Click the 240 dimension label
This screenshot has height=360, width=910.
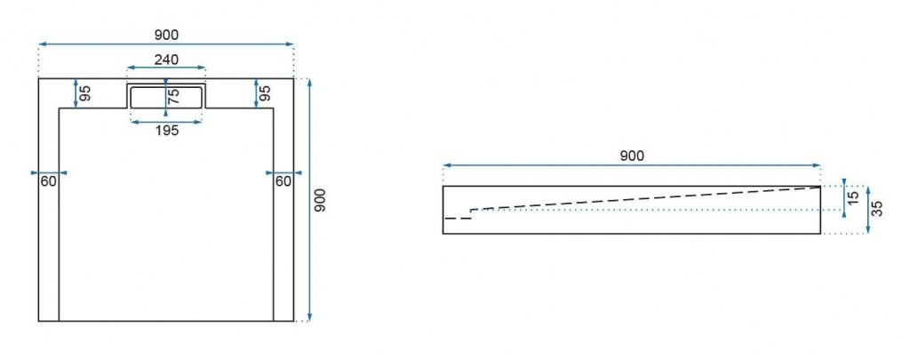(x=166, y=60)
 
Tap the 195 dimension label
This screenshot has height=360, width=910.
(x=166, y=131)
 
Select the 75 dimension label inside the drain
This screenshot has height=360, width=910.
(x=173, y=96)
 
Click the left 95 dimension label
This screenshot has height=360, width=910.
(x=85, y=93)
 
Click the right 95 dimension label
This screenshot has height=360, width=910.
(x=265, y=93)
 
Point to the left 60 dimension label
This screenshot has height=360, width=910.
(x=49, y=181)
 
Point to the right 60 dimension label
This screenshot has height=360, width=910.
(x=283, y=181)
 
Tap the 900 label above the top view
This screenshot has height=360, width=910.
(x=166, y=36)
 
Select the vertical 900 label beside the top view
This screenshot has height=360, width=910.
(x=320, y=200)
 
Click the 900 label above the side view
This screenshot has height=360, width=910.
(x=632, y=156)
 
